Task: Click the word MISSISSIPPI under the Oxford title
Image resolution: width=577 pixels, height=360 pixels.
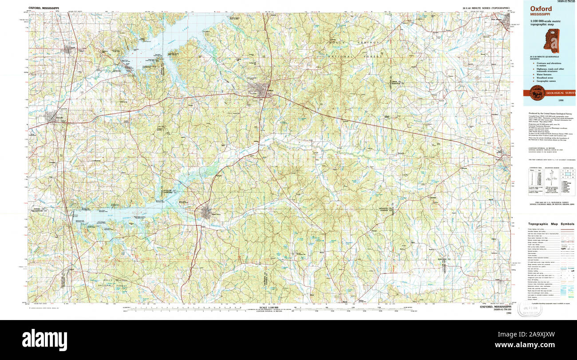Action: pos(539,15)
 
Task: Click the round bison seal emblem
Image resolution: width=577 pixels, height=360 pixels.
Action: pos(537,92)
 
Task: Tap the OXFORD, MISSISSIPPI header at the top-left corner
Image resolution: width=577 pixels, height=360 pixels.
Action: pos(43,8)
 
